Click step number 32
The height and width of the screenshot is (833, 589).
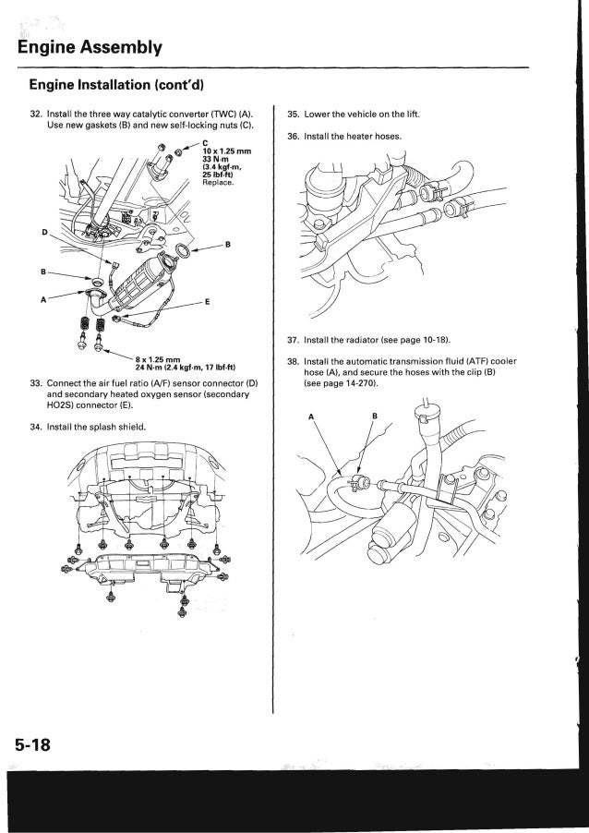tap(36, 114)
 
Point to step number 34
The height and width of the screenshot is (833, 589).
tap(36, 426)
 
